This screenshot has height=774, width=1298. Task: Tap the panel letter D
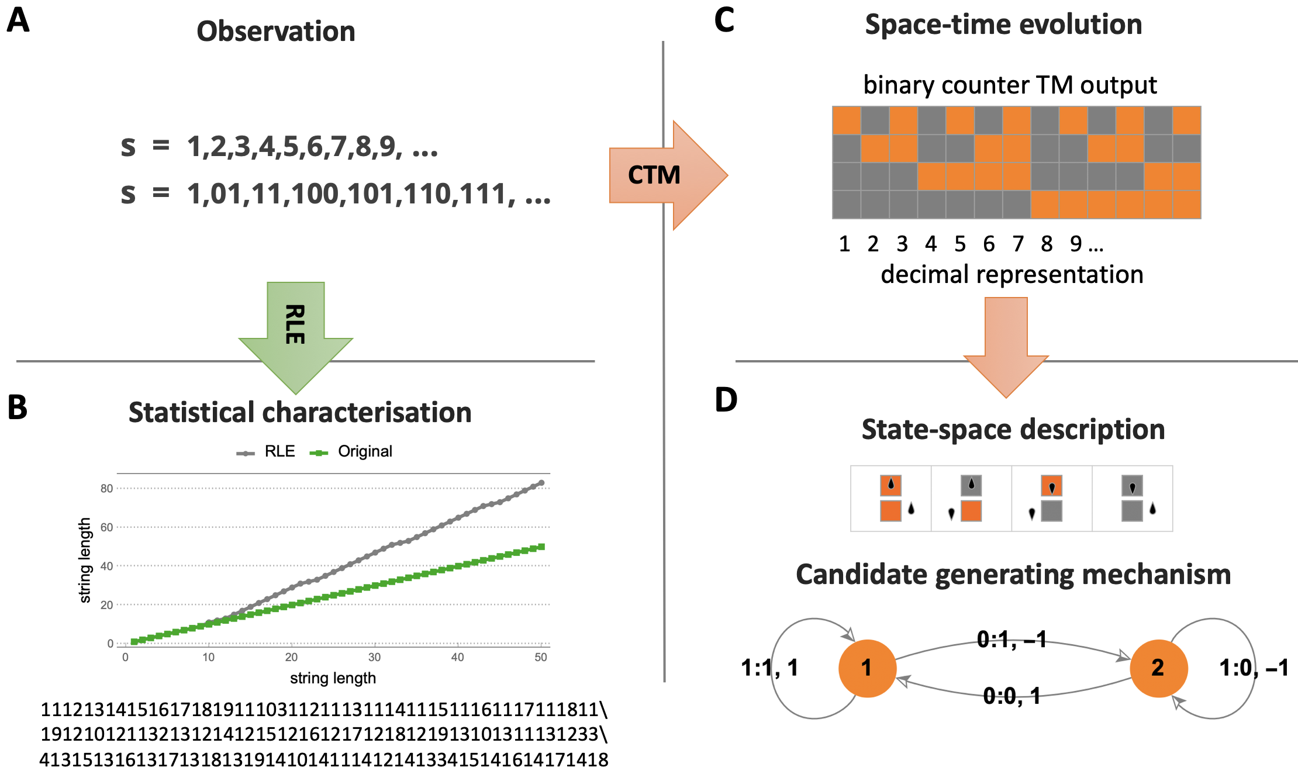726,400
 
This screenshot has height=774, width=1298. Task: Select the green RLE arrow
296,333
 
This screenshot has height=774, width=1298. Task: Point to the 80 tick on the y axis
106,488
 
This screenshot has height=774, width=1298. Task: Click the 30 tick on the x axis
374,657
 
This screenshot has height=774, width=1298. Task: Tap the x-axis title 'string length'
333,678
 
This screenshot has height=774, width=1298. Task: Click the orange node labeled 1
867,668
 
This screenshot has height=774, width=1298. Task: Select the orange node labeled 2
1158,668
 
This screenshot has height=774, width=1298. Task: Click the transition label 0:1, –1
1012,640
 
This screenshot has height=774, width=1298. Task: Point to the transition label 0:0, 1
1012,696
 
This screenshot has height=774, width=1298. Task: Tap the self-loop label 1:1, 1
769,668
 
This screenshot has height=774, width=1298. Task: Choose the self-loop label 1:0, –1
1254,668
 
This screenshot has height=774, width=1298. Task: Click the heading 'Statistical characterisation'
300,413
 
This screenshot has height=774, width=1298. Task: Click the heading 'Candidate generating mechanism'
1013,575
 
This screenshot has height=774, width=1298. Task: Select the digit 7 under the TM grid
1018,244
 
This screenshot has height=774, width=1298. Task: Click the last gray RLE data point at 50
541,483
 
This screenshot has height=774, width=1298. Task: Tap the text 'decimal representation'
1012,274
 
